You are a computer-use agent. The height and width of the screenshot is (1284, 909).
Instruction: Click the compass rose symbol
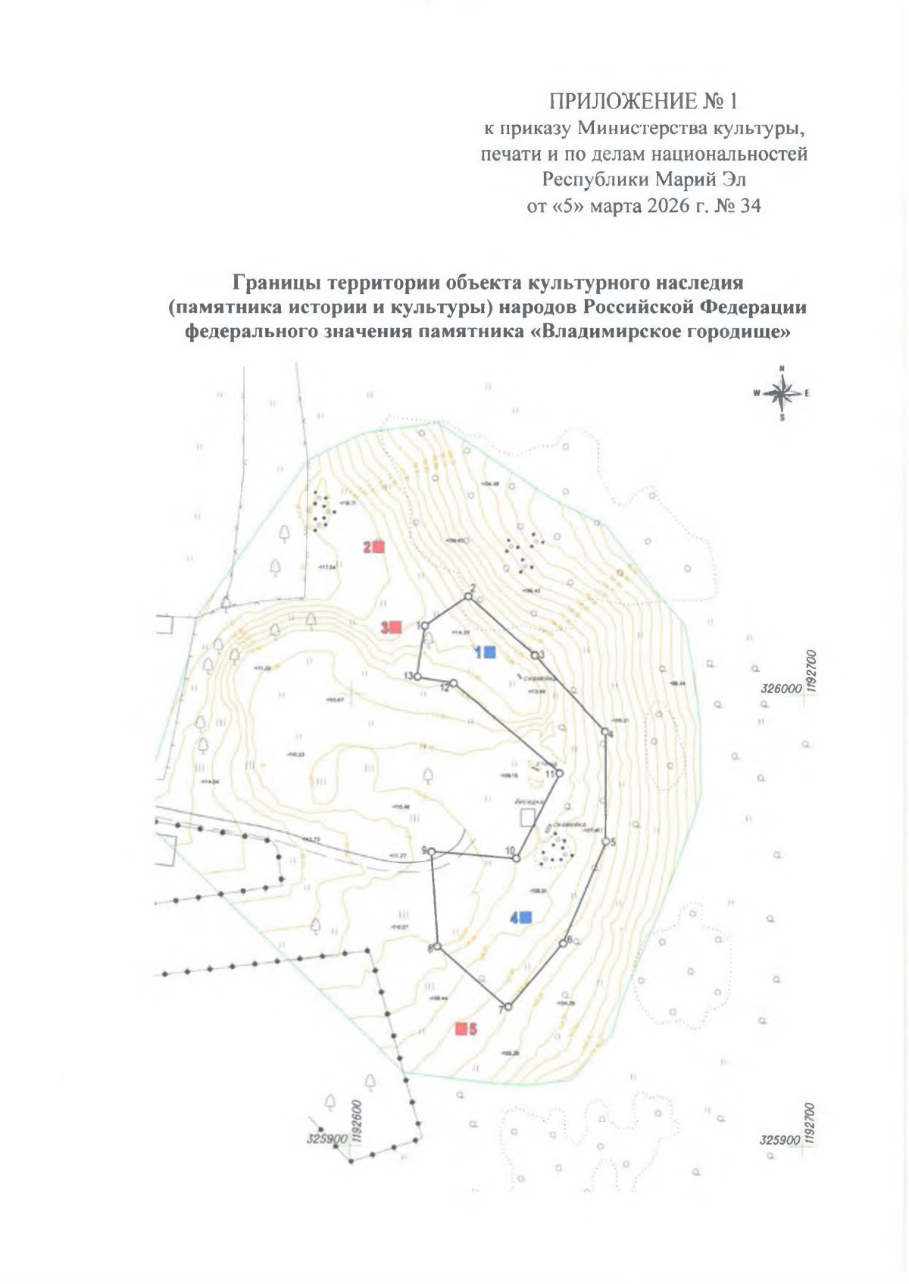pyautogui.click(x=782, y=392)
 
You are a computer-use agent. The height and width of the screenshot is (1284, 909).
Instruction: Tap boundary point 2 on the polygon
pyautogui.click(x=468, y=597)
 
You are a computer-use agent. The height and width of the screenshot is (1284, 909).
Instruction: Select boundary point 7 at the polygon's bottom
pyautogui.click(x=508, y=1007)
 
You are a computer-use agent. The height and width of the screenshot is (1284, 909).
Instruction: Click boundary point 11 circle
pyautogui.click(x=560, y=773)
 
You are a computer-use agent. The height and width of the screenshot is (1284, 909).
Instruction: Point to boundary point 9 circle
pyautogui.click(x=432, y=852)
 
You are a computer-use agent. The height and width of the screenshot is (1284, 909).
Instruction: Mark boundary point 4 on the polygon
pyautogui.click(x=604, y=731)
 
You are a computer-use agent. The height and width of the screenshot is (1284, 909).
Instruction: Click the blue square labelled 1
pyautogui.click(x=490, y=651)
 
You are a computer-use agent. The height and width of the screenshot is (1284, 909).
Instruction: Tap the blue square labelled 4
pyautogui.click(x=526, y=917)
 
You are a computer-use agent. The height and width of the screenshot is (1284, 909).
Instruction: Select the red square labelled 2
pyautogui.click(x=379, y=546)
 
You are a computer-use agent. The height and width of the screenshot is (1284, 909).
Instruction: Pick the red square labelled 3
pyautogui.click(x=395, y=627)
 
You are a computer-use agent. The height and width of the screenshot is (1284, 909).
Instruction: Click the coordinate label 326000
pyautogui.click(x=780, y=689)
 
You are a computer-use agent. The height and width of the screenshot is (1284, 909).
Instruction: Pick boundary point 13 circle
pyautogui.click(x=417, y=676)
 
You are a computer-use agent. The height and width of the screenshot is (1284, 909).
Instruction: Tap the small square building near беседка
pyautogui.click(x=527, y=817)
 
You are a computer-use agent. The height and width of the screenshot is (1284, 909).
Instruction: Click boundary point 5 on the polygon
pyautogui.click(x=606, y=842)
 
